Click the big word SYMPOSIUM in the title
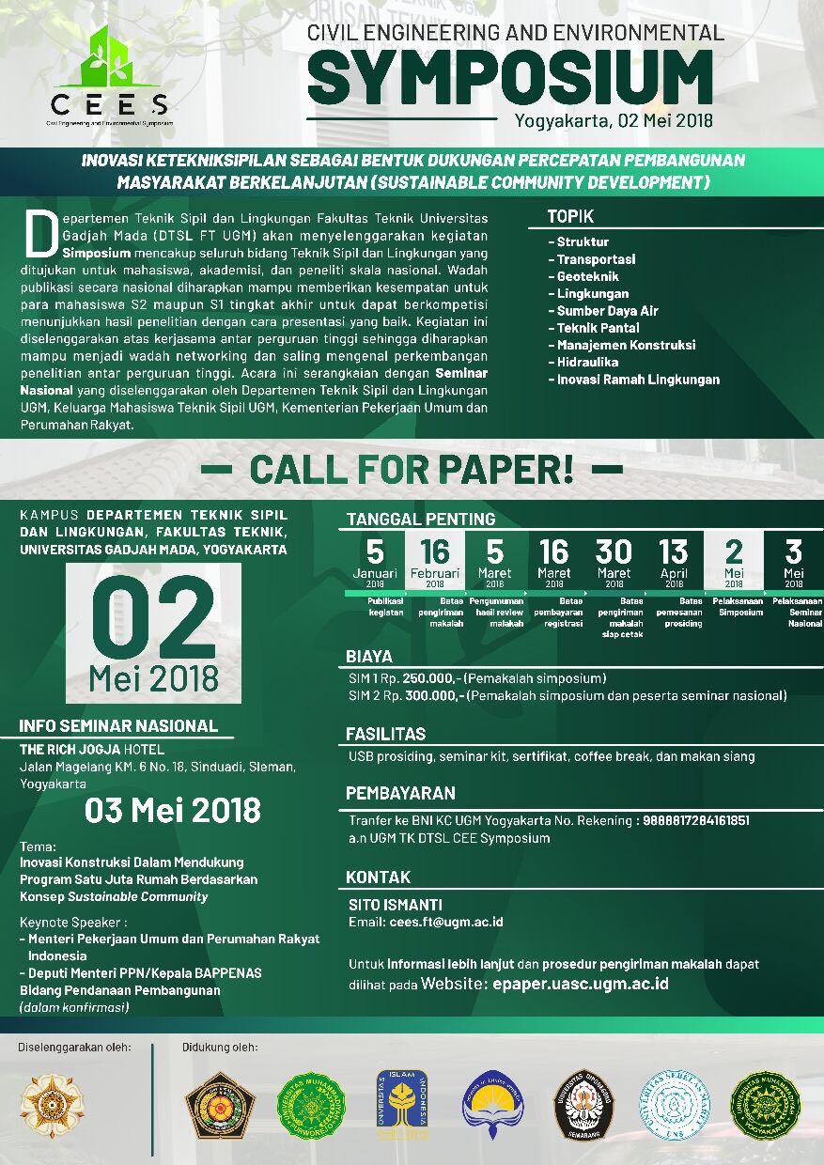(x=509, y=77)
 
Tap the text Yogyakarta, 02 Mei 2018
(x=614, y=120)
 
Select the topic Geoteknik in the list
(x=587, y=276)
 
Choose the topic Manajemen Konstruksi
(x=626, y=345)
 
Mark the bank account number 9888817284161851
(x=696, y=820)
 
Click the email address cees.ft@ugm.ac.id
(x=446, y=922)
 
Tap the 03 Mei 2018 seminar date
(x=172, y=810)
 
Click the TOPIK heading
(x=570, y=217)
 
